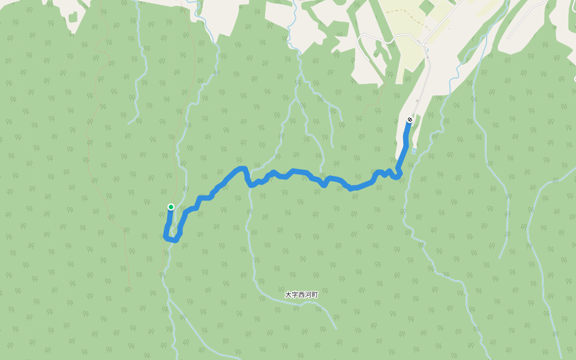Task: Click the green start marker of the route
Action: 171,207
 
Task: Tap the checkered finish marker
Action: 409,120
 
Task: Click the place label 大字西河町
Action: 301,295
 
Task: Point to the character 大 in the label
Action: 288,295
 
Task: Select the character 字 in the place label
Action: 295,295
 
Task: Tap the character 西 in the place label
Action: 301,295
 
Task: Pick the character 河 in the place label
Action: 308,295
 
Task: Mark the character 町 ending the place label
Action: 314,295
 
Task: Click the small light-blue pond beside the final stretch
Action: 413,150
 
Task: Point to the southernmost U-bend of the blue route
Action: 172,239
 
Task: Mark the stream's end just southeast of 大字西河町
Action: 336,329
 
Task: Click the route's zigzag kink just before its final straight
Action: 390,174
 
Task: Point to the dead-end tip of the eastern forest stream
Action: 500,258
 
